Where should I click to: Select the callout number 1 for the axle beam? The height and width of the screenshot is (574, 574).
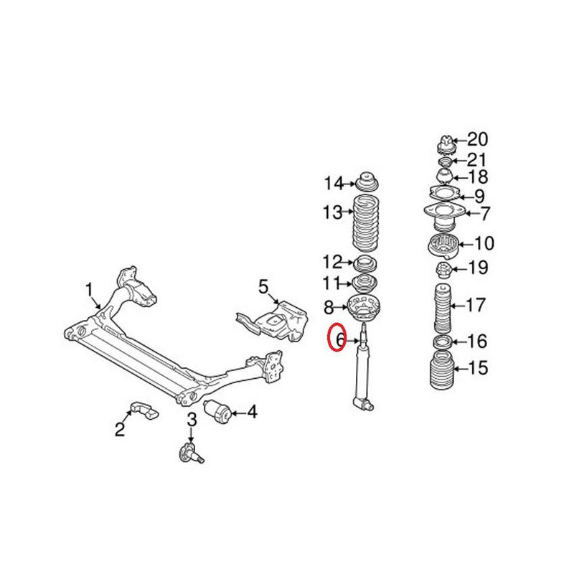point(90,290)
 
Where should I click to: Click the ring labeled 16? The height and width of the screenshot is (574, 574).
point(443,341)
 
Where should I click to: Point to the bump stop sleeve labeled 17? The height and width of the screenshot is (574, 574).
point(443,307)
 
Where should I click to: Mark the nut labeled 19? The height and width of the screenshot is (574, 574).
point(444,270)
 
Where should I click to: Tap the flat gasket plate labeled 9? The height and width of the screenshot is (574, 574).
point(445,194)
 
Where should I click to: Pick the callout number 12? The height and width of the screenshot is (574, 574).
point(332,261)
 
